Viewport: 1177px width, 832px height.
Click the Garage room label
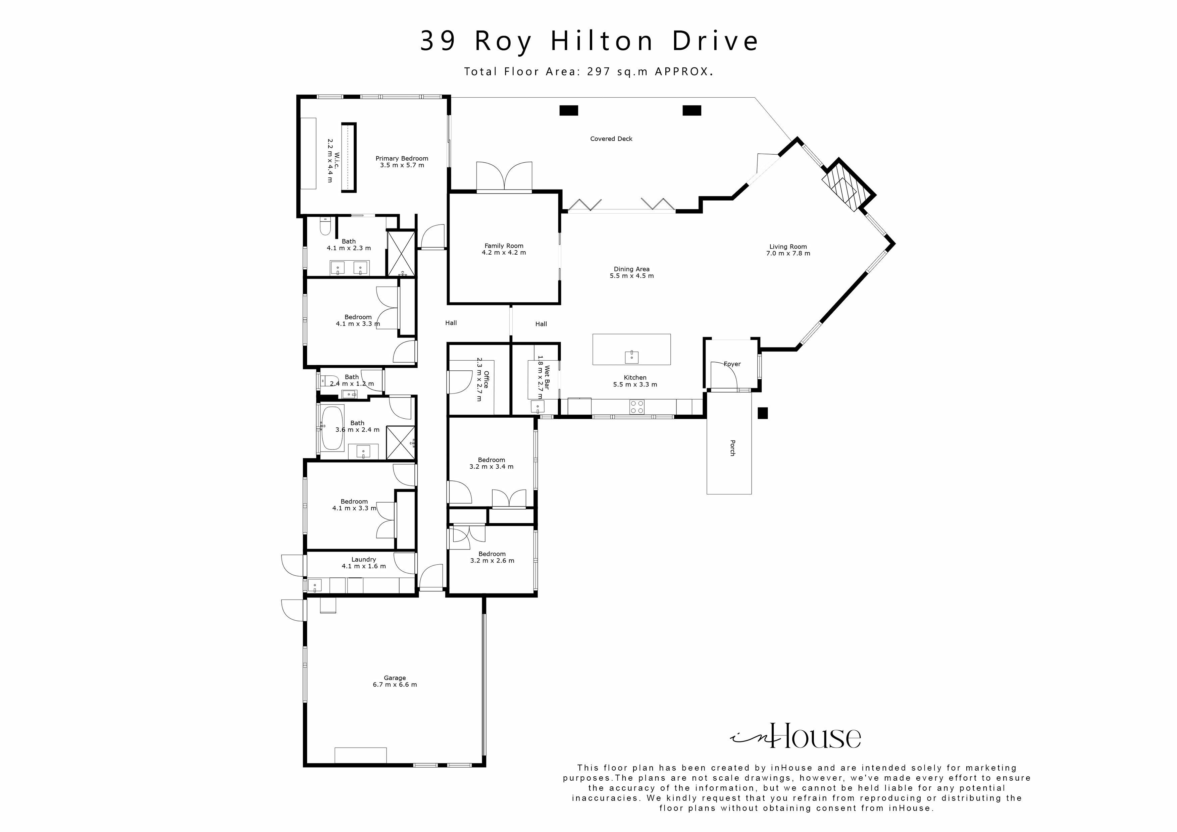(394, 678)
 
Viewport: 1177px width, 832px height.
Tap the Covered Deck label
(611, 139)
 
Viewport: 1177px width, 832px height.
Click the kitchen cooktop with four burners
(637, 407)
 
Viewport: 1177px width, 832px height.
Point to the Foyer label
(732, 364)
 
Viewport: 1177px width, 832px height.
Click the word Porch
(732, 448)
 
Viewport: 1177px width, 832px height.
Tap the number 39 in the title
(438, 41)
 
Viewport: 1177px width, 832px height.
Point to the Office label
(486, 379)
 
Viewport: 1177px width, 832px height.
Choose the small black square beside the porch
(763, 413)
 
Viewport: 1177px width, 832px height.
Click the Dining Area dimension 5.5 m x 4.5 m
(631, 276)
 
